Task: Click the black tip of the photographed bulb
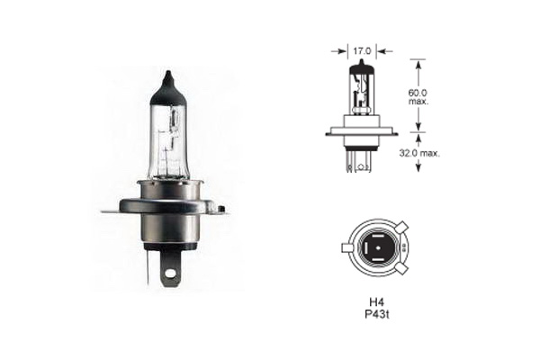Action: [x=167, y=86]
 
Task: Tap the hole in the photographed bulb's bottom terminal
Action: [x=169, y=274]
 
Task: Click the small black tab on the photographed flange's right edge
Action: [x=221, y=209]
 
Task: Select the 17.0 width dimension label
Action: [x=361, y=51]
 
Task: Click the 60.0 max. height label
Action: [x=418, y=97]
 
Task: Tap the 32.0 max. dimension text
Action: [x=419, y=153]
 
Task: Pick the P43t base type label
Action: [x=377, y=314]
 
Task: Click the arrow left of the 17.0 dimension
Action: [x=338, y=51]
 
